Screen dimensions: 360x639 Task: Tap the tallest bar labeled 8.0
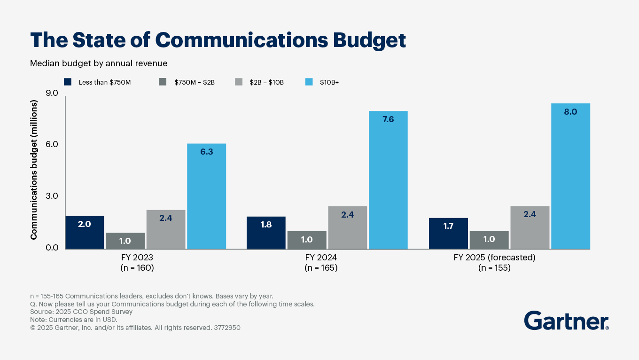coord(570,176)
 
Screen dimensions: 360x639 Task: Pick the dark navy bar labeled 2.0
coord(85,232)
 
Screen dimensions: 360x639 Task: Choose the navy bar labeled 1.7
coord(448,234)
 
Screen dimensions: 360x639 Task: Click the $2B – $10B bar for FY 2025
coord(530,227)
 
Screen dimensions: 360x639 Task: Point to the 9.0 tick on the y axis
coord(51,94)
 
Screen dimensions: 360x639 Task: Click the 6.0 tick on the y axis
coord(51,145)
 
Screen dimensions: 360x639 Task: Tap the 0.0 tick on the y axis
coord(51,248)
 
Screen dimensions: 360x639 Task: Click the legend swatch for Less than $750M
coord(68,82)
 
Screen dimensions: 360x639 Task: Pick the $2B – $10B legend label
coord(266,82)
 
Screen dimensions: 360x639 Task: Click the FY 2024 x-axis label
coord(321,258)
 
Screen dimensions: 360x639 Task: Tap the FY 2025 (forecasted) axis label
coord(494,258)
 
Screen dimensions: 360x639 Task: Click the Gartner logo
coord(566,321)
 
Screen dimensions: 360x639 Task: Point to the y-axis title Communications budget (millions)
coord(34,170)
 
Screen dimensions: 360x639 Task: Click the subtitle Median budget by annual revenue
coord(99,63)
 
